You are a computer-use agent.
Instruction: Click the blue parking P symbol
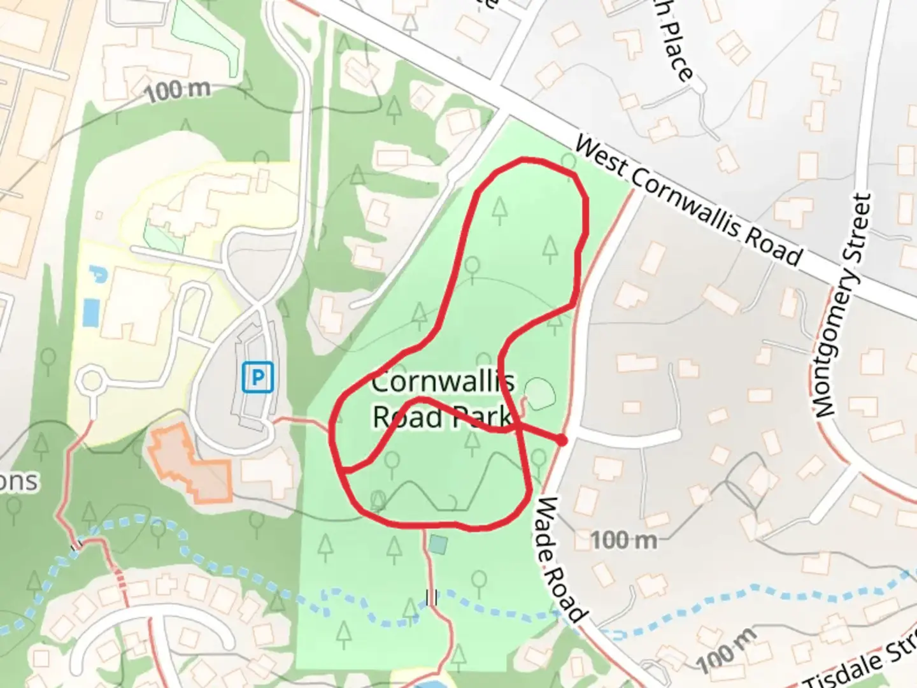pos(257,377)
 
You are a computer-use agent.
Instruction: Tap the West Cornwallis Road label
pos(688,201)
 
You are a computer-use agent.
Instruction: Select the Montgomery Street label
pos(841,306)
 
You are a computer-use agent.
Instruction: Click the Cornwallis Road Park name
pos(442,400)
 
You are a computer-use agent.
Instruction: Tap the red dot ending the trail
pos(561,440)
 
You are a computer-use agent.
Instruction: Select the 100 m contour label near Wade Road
pos(623,541)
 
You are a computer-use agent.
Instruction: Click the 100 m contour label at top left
pos(176,91)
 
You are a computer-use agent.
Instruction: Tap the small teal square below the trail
pos(437,545)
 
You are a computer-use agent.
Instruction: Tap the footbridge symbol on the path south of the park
pos(431,598)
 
